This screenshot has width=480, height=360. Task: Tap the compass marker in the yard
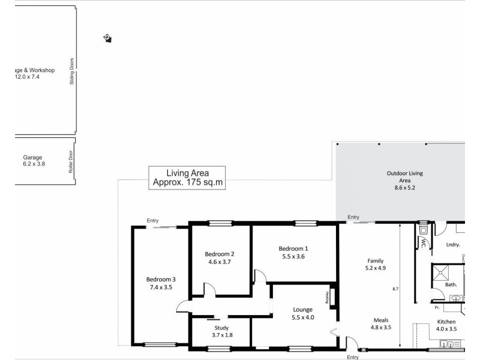pos(107,38)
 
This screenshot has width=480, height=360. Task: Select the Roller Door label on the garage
pos(71,162)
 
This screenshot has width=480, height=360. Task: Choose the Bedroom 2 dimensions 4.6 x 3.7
pos(219,262)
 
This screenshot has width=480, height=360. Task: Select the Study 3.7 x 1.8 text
pos(223,331)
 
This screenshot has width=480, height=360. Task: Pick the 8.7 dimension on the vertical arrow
pos(395,289)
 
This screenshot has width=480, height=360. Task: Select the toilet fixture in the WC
pos(423,230)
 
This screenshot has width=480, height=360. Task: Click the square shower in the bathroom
pos(443,273)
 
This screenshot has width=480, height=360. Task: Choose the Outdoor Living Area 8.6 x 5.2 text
pos(404,180)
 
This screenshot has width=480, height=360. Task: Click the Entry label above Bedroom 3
pos(153,221)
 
